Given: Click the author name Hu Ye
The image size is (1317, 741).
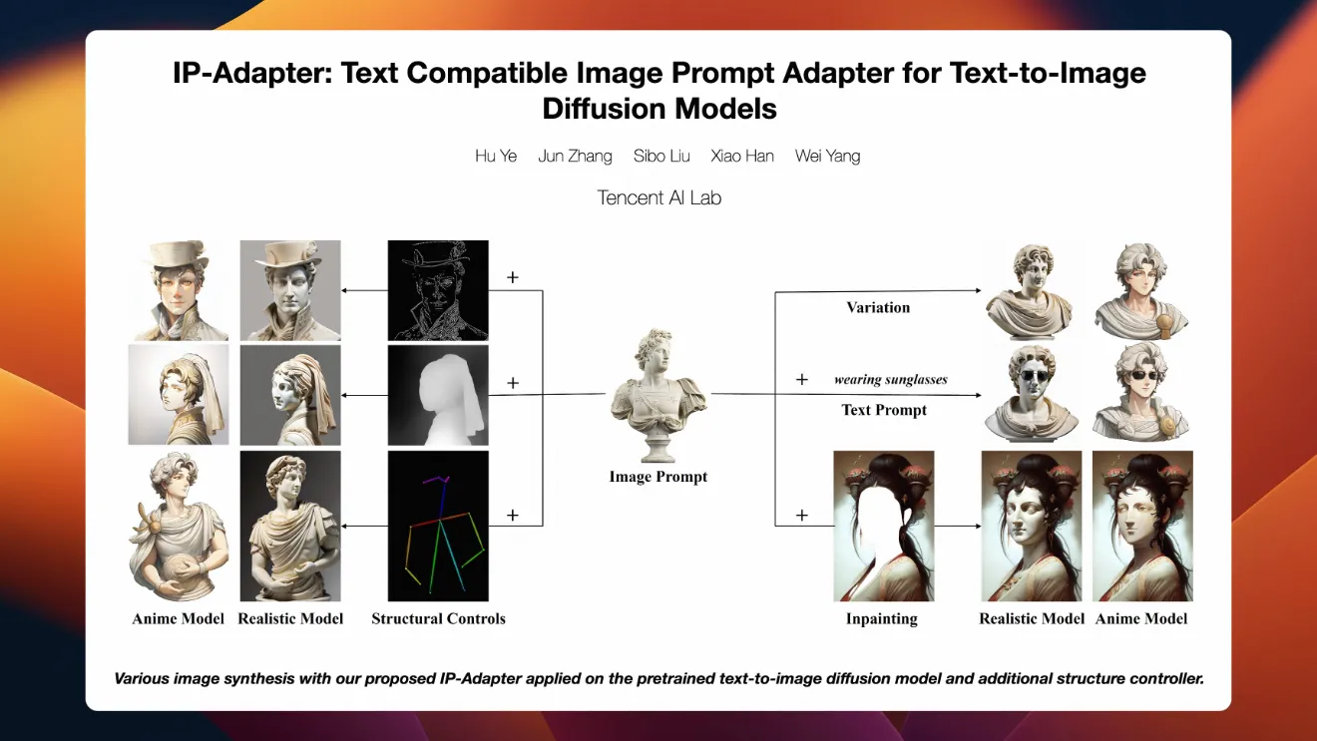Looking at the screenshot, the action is click(x=496, y=157).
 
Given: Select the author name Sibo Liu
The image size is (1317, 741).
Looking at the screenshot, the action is click(x=661, y=157).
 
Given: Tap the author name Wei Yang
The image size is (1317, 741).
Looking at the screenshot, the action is click(x=827, y=157).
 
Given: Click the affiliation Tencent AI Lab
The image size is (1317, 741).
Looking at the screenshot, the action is click(x=659, y=197).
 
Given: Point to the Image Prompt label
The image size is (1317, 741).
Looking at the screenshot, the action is click(x=658, y=477).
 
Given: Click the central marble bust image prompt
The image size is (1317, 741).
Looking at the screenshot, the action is click(x=658, y=396).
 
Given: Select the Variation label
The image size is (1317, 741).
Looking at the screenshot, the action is click(x=878, y=307).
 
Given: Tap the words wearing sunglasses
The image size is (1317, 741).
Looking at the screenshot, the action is click(x=891, y=380).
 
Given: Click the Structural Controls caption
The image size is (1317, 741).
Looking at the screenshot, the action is click(x=438, y=618).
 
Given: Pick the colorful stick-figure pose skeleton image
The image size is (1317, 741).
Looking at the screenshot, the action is click(x=438, y=526).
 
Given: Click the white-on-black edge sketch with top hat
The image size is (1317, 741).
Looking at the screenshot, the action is click(x=438, y=290).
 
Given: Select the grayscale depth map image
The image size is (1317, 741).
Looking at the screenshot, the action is click(x=438, y=395).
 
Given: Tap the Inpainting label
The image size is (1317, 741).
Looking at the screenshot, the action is click(x=881, y=618).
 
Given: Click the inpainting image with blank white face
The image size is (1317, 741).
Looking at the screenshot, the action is click(x=884, y=526).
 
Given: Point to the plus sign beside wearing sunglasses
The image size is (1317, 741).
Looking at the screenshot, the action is click(x=802, y=380).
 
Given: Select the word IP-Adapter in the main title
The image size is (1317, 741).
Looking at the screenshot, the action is click(x=252, y=74).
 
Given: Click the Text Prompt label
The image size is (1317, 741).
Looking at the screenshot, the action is click(x=884, y=410).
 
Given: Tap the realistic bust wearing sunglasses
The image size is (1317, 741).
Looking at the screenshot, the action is click(x=1032, y=394).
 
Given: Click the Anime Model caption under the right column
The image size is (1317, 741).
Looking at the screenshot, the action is click(x=1141, y=618).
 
